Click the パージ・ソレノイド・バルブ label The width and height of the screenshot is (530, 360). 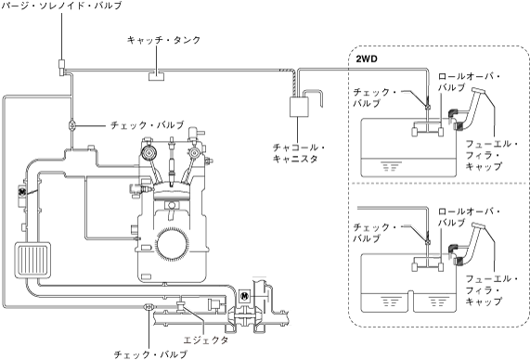click(x=61, y=6)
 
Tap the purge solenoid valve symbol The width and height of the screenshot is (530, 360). click(x=61, y=67)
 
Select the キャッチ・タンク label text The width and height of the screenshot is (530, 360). click(x=164, y=40)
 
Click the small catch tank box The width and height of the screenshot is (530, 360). click(x=157, y=76)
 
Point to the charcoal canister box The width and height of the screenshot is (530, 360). click(x=299, y=107)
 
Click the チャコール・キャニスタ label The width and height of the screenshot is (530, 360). click(x=299, y=153)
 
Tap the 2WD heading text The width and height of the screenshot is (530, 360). click(x=367, y=58)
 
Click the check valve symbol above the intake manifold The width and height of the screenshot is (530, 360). click(x=72, y=125)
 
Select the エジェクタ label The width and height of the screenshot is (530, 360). click(x=205, y=340)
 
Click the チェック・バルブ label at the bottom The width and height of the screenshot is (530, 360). click(x=150, y=354)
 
